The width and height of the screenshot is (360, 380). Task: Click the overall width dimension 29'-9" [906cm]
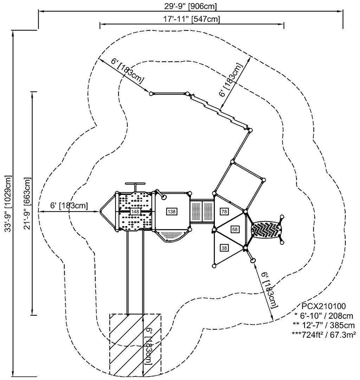(x=191, y=6)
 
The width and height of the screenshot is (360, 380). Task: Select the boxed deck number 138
(x=172, y=211)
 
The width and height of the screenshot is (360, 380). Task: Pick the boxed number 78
(x=224, y=211)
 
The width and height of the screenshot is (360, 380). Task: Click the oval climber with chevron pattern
(x=266, y=230)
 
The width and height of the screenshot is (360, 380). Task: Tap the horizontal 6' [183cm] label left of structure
(x=69, y=205)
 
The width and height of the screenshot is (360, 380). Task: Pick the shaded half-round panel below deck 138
(x=171, y=235)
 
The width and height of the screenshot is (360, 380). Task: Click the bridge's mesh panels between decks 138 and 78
(x=202, y=211)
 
